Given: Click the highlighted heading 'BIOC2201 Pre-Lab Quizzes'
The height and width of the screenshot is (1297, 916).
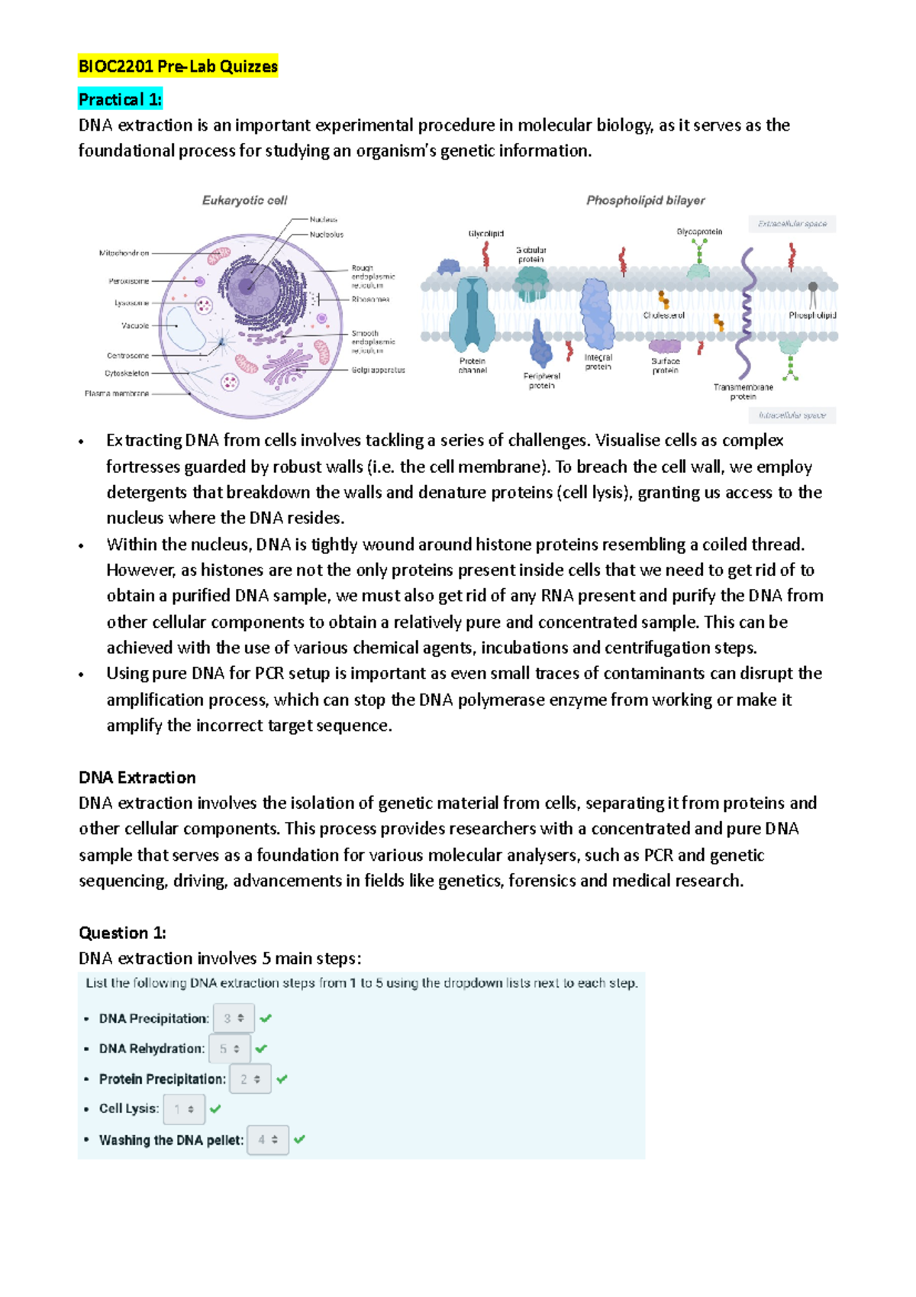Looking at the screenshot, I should [x=178, y=66].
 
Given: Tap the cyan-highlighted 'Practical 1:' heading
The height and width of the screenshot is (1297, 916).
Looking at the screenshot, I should [x=120, y=99].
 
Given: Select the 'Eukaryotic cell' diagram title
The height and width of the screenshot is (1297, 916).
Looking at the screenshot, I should [x=244, y=200].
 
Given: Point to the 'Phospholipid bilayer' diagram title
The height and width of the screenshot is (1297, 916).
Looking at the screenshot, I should [x=645, y=200].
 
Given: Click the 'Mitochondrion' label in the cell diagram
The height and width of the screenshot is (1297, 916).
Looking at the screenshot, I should [x=124, y=253].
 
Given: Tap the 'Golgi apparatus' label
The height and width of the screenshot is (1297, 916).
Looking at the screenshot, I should [x=378, y=370].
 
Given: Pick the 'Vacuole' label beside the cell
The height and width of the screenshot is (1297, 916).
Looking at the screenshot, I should [x=135, y=325].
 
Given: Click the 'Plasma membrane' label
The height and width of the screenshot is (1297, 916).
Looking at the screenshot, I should [x=117, y=393].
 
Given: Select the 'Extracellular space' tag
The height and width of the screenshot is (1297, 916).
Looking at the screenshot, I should [x=792, y=224].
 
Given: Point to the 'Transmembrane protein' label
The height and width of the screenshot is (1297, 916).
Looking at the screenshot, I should [x=743, y=392].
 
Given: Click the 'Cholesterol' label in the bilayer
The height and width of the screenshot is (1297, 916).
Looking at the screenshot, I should [x=663, y=315].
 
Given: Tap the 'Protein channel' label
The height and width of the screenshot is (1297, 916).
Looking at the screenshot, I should [x=473, y=365].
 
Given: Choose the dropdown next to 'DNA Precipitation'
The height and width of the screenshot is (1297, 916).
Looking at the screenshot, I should [x=234, y=1018].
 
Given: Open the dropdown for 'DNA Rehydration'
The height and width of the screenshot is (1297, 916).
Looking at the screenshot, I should [x=229, y=1049].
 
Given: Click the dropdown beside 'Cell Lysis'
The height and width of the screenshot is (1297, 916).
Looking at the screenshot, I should [x=184, y=1109].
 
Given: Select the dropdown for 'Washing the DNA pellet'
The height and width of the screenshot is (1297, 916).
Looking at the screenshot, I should [x=267, y=1140].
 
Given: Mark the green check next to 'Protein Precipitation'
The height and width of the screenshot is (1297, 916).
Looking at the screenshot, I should [x=282, y=1079].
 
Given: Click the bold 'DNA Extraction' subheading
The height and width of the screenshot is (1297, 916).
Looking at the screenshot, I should [x=137, y=778].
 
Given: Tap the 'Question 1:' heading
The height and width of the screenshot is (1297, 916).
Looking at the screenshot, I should [x=122, y=933].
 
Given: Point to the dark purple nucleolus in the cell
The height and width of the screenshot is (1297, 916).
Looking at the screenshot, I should [x=246, y=286].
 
